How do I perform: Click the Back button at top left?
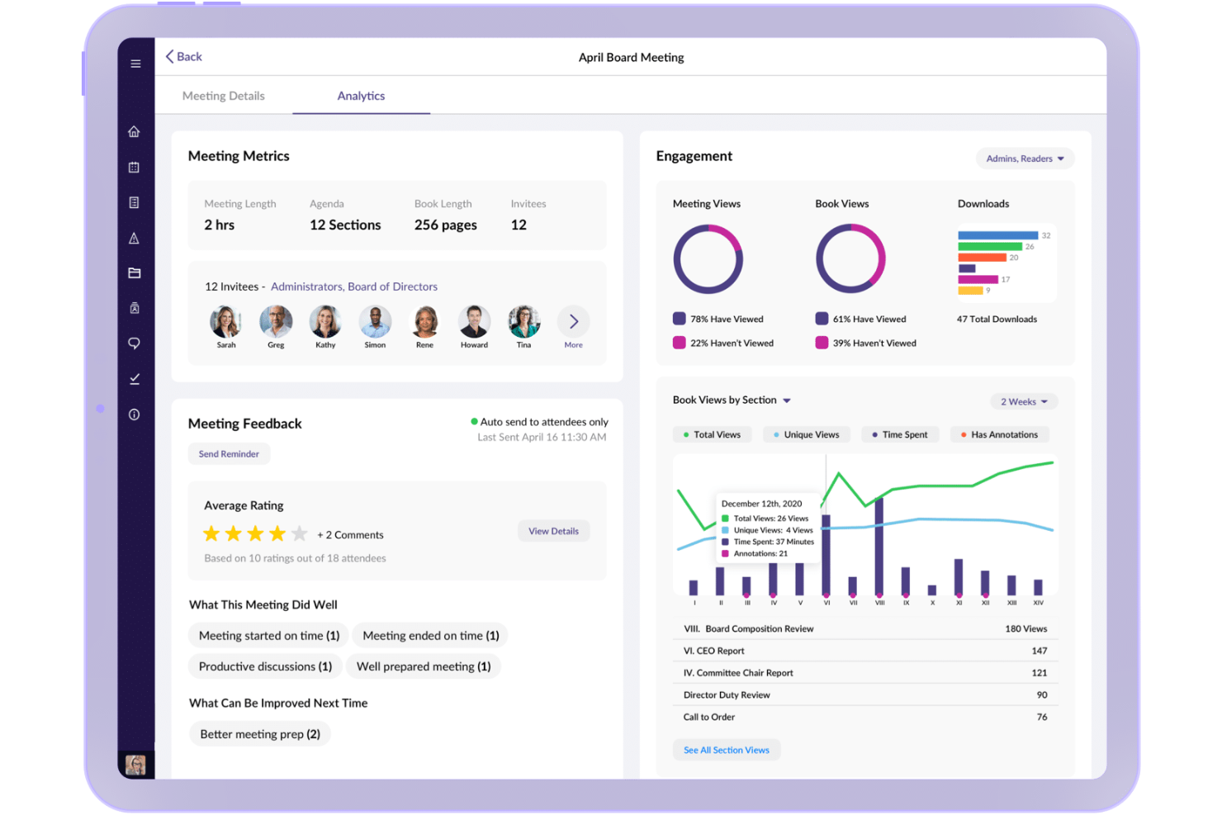pos(183,57)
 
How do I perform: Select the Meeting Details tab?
pos(223,96)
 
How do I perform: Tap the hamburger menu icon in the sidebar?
pos(135,64)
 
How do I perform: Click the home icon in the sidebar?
pos(135,131)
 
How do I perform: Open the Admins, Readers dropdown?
pos(1024,159)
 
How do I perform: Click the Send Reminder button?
pos(229,454)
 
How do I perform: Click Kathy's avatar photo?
pos(325,321)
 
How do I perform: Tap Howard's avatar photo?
pos(474,321)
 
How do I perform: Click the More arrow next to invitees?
pos(573,322)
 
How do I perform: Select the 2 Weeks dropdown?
pos(1023,402)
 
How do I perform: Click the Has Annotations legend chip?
pos(999,435)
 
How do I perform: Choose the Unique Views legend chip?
pos(806,435)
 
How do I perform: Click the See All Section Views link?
pos(726,751)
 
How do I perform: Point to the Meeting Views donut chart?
pos(708,259)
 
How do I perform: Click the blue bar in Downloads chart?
pos(997,235)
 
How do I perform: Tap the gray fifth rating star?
pos(300,534)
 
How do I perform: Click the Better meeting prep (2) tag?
pos(259,734)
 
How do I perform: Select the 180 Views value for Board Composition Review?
pos(1025,629)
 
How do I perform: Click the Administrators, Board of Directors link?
pos(353,287)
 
